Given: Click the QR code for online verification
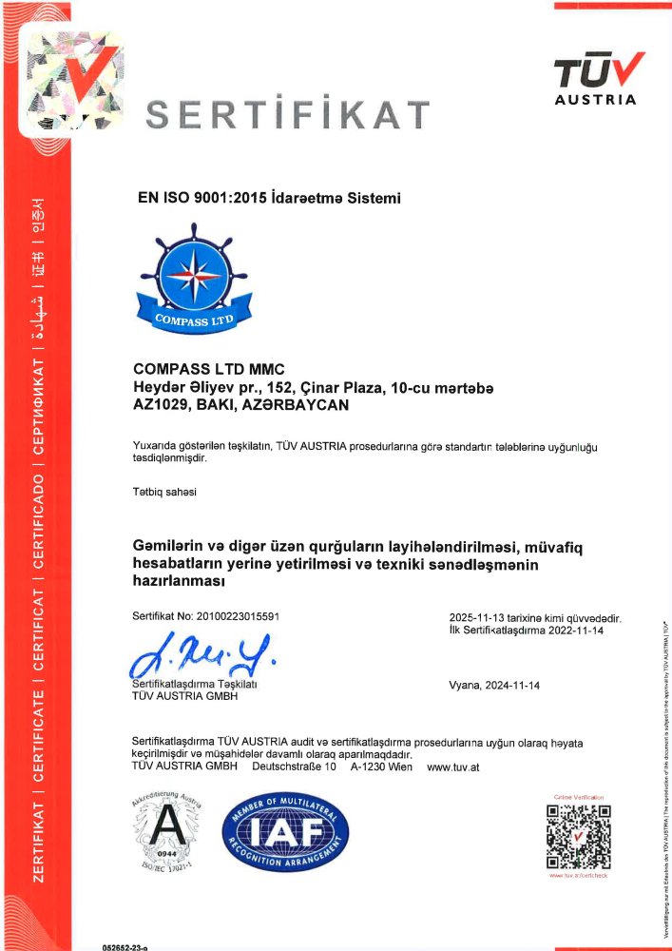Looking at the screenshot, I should tap(578, 836).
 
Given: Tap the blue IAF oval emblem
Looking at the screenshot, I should tap(285, 836).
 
